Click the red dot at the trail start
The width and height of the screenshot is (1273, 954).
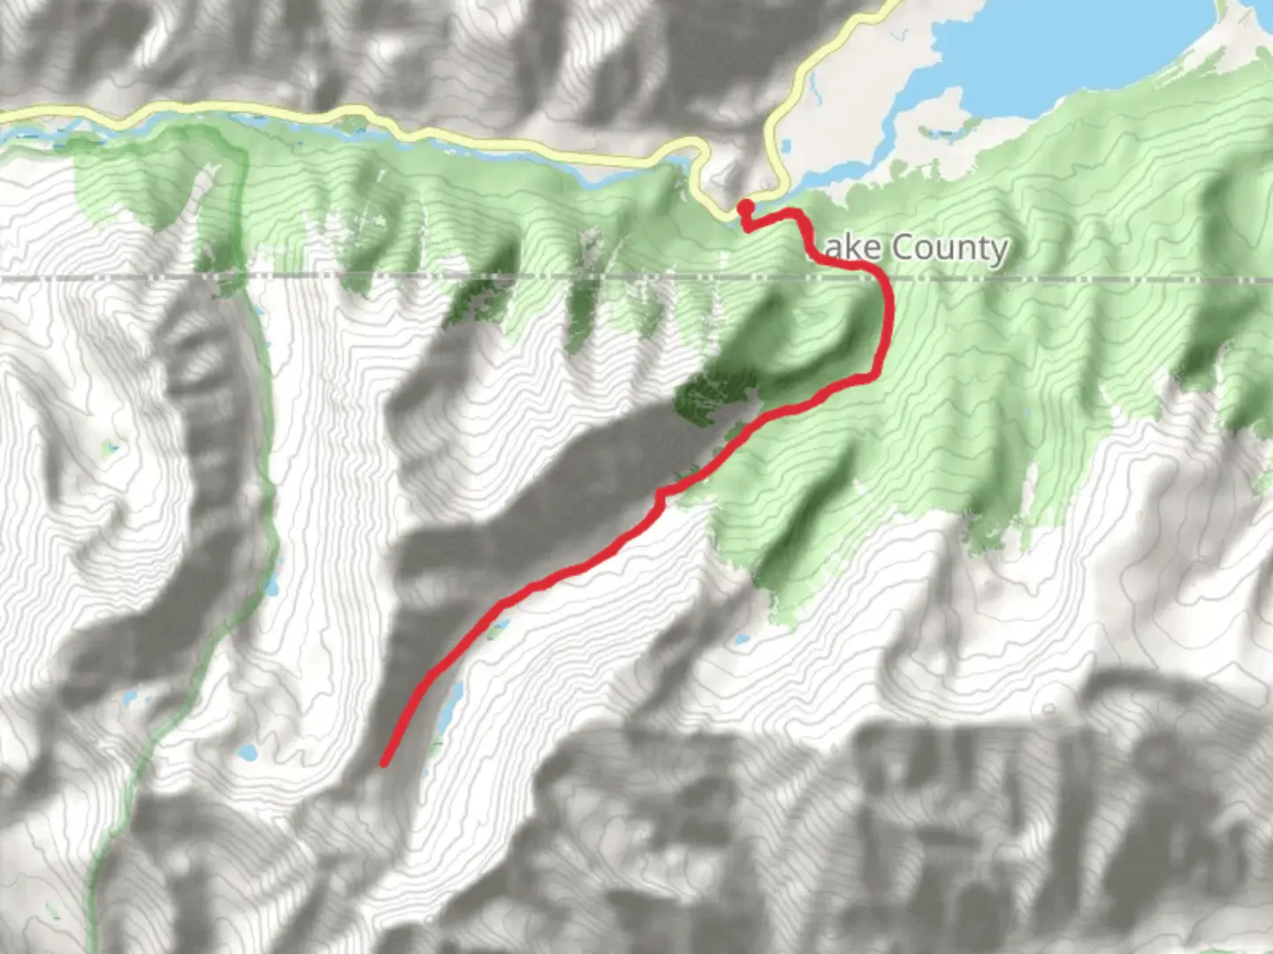[x=745, y=207]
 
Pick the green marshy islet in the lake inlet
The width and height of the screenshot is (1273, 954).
[x=937, y=132]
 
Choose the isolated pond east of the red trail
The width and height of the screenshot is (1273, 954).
[x=741, y=638]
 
